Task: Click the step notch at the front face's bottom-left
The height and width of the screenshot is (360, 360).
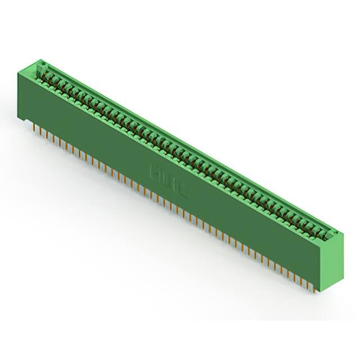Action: point(24,119)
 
